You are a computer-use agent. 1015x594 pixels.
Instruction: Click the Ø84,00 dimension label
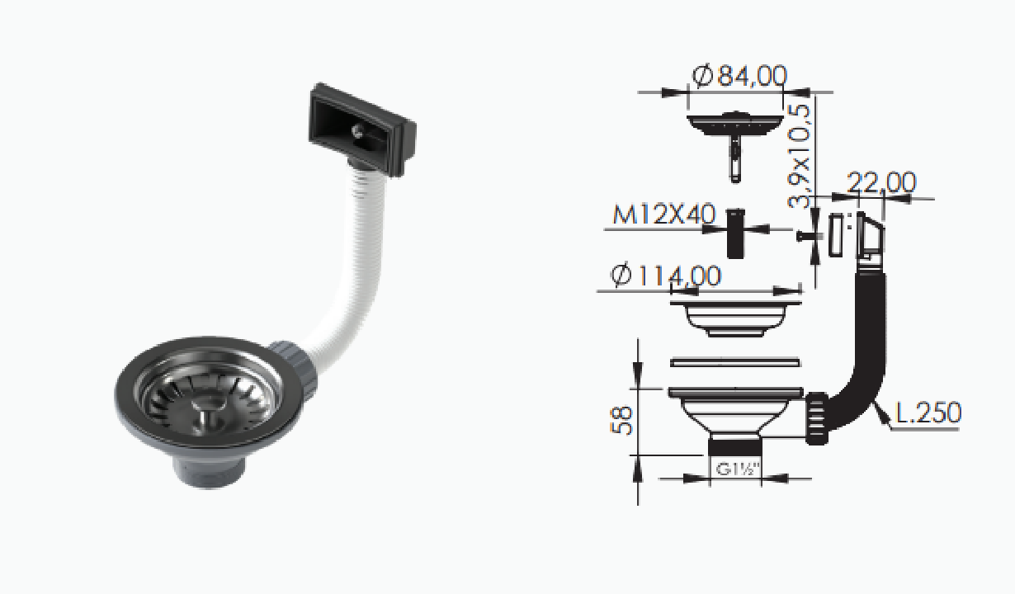point(739,76)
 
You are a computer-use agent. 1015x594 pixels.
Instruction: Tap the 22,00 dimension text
point(881,182)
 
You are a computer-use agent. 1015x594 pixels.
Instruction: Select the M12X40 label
point(664,214)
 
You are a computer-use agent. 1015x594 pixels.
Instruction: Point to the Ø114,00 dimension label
point(666,276)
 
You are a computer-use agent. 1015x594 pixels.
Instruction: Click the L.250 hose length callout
point(928,412)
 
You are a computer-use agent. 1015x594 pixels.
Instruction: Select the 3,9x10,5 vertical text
point(799,156)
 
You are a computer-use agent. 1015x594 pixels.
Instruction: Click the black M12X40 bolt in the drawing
point(735,233)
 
